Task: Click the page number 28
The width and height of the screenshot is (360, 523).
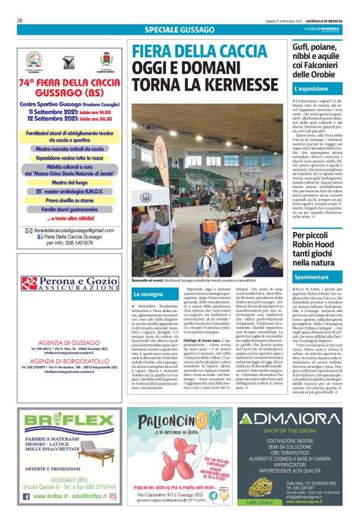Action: click(20, 20)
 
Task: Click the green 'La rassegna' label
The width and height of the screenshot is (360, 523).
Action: click(148, 293)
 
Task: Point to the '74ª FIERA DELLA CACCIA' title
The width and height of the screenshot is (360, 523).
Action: click(70, 82)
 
